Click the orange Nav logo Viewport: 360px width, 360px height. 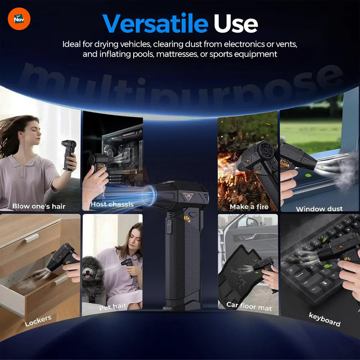[19, 19]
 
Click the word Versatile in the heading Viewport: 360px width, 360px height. [155, 23]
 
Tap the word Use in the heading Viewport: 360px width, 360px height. [235, 23]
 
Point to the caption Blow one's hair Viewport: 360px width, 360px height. [39, 207]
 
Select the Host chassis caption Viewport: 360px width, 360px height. [112, 204]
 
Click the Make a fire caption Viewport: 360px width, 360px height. [249, 207]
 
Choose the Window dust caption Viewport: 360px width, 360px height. [319, 209]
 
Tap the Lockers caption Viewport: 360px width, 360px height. [38, 320]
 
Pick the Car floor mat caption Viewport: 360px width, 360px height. [248, 306]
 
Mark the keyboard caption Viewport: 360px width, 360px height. [324, 319]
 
